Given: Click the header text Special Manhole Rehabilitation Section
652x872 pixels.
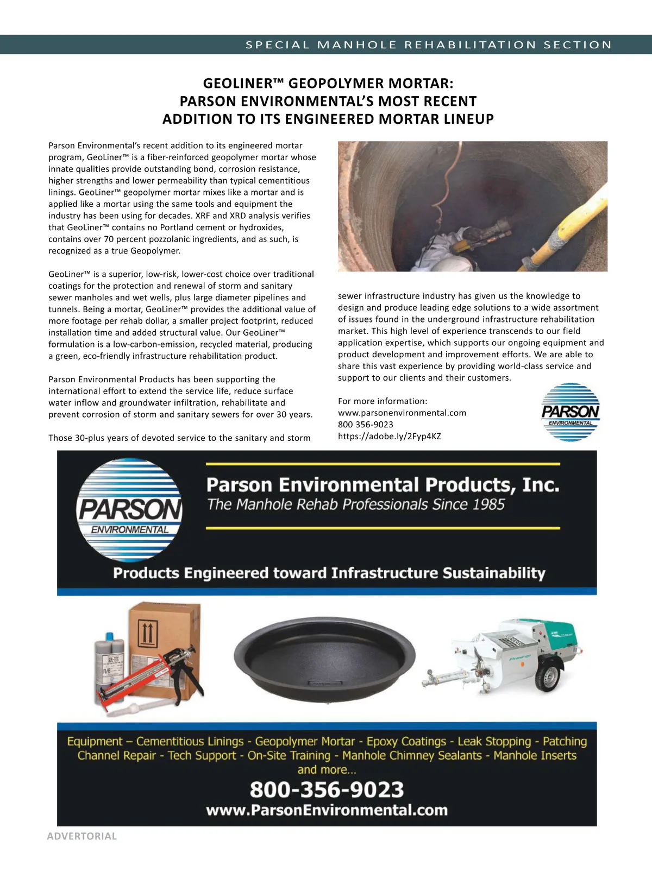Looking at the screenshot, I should click(x=429, y=45).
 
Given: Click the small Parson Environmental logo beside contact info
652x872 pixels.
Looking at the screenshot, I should click(x=570, y=412).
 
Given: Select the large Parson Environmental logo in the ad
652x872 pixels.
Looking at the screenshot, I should click(x=130, y=510).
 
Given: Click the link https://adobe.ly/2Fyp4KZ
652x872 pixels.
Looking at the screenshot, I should click(x=389, y=437).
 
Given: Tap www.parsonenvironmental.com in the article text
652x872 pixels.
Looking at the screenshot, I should click(x=402, y=413).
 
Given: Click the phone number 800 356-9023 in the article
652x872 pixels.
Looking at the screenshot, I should click(x=365, y=425).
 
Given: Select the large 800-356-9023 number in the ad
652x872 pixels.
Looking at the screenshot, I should click(x=327, y=789).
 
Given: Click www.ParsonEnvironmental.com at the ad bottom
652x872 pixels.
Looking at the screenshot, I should click(x=327, y=810).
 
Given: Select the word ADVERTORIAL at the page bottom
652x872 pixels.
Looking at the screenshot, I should click(x=81, y=836).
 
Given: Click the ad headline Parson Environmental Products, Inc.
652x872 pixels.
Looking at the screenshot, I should click(x=383, y=484).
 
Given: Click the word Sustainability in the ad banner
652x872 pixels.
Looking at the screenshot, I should click(x=493, y=573).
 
